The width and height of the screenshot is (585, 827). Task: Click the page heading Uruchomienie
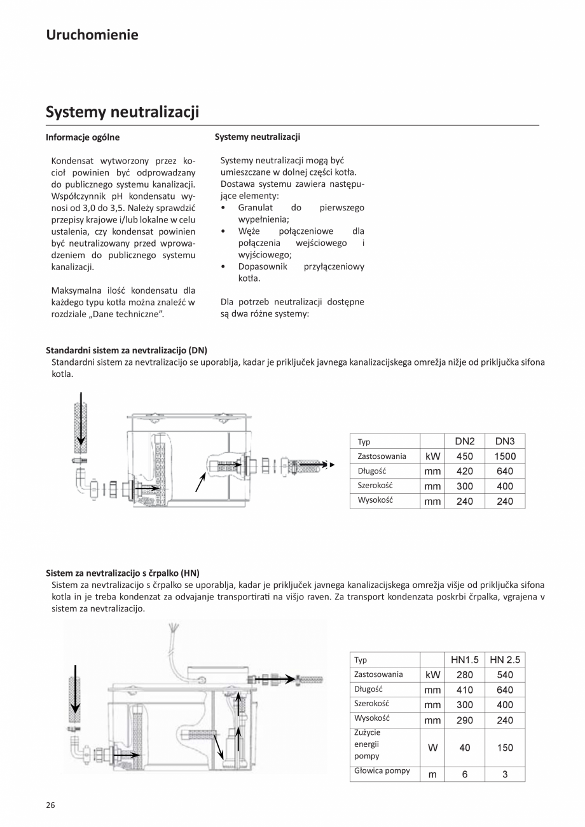92,35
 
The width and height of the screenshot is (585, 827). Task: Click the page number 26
51,805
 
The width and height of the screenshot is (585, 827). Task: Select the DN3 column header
505,441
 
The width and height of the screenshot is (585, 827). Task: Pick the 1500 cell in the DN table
505,456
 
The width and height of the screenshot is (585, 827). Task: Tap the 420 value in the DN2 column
465,471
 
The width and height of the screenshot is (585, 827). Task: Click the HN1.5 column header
465,660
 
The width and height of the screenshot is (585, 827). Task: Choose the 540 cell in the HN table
505,675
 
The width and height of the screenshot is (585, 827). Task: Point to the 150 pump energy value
505,748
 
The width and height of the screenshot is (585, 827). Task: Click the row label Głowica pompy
382,771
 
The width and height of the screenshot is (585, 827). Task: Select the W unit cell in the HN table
432,748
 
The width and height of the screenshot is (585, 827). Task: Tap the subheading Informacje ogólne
83,137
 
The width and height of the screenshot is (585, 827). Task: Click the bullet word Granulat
256,207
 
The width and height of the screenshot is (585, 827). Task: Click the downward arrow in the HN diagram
75,690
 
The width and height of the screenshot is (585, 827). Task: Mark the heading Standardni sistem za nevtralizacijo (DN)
127,350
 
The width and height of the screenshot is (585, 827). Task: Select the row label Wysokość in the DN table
375,500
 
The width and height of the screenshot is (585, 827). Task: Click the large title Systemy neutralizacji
122,113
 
